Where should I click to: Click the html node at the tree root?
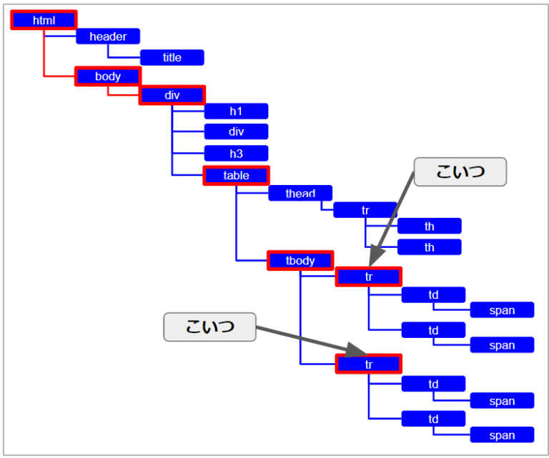[44, 20]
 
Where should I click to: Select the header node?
[108, 36]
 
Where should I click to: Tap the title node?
[172, 57]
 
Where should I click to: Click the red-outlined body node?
[108, 76]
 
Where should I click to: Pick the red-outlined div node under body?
[172, 95]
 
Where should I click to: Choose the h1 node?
[236, 111]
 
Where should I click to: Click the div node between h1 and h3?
[236, 131]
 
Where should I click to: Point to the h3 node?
[236, 154]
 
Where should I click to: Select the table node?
[236, 175]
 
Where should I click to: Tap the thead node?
[300, 193]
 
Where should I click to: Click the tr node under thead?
[365, 210]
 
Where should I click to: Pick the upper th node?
[430, 226]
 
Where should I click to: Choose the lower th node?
[430, 247]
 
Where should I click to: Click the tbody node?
[300, 261]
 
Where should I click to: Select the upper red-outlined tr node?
[369, 277]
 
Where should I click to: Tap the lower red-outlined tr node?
[369, 364]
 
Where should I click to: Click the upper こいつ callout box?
[460, 172]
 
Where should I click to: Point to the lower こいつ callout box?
[209, 327]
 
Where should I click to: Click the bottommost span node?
[502, 435]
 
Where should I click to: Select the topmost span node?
[502, 310]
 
